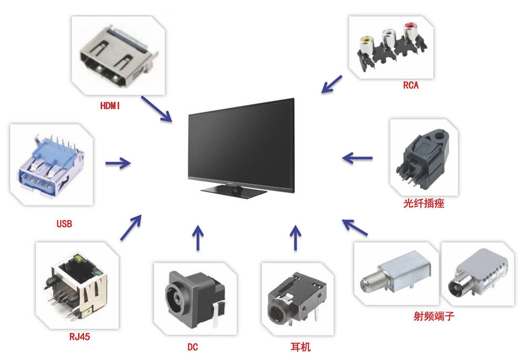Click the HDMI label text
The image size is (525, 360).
(x=110, y=105)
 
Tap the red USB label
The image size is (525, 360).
(x=64, y=224)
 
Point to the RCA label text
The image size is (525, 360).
(x=411, y=86)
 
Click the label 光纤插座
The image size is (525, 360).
(x=424, y=203)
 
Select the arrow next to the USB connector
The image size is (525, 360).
(x=118, y=163)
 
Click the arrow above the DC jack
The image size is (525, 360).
(x=198, y=237)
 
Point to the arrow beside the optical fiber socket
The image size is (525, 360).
(x=358, y=157)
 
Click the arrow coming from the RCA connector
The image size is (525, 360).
(x=331, y=84)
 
